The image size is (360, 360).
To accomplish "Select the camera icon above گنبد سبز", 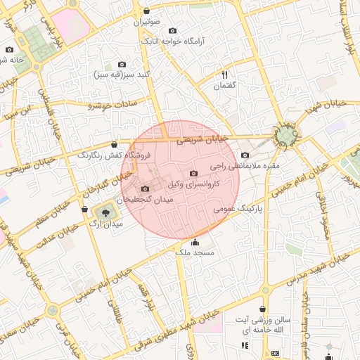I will [x=122, y=64].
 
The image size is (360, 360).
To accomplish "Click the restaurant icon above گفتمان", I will [x=225, y=75].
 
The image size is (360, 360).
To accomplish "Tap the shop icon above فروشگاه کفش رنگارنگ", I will [x=115, y=144].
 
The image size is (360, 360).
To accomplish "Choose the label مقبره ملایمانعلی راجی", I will [x=251, y=166].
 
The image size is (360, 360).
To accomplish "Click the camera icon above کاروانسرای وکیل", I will [x=194, y=173].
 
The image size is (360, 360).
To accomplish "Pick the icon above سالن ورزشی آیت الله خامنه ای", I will [x=263, y=309].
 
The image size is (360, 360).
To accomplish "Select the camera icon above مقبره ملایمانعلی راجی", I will [x=245, y=155].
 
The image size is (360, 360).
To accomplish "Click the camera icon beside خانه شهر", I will [x=9, y=50].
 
